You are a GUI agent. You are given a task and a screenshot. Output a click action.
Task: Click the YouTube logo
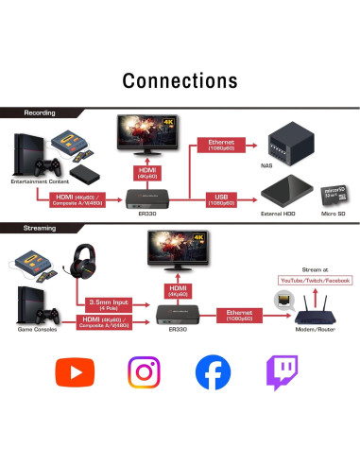(x=75, y=371)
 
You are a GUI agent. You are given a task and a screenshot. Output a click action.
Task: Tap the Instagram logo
(x=144, y=371)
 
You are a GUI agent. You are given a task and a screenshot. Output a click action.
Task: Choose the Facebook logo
(x=213, y=371)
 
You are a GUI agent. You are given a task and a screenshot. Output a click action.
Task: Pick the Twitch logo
(x=282, y=371)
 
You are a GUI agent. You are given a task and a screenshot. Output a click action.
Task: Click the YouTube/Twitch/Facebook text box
(x=315, y=281)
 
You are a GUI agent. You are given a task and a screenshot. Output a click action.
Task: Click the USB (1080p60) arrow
(x=222, y=199)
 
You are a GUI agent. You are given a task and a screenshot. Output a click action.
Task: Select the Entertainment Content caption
(x=39, y=181)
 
